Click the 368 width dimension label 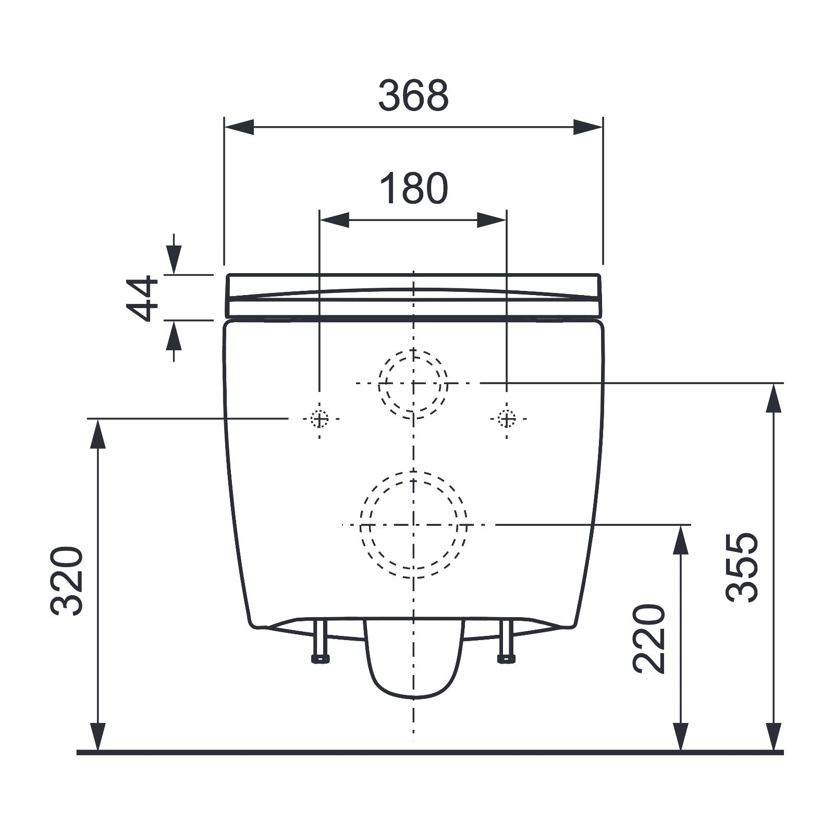click(x=413, y=96)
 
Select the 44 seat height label click(x=142, y=298)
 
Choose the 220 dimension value click(x=649, y=639)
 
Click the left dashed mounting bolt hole click(x=320, y=419)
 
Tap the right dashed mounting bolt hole click(x=507, y=419)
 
